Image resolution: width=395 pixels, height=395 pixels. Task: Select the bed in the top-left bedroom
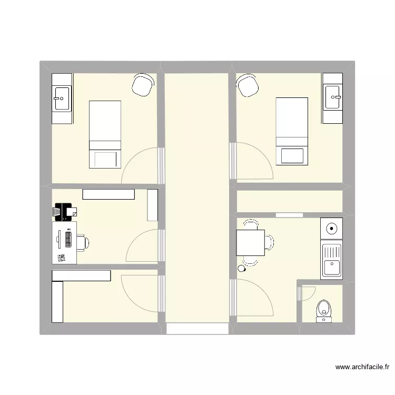click(x=105, y=134)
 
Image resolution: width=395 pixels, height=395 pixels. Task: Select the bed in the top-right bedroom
click(x=292, y=131)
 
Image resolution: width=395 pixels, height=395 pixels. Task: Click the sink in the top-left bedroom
click(x=62, y=98)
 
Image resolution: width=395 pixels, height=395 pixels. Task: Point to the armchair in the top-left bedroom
click(x=142, y=85)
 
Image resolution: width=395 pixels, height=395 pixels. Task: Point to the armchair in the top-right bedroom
click(x=248, y=85)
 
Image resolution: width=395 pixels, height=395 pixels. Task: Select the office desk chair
click(x=83, y=242)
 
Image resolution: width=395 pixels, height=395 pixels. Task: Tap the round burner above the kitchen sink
click(x=332, y=229)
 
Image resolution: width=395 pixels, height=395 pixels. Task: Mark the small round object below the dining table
click(x=242, y=269)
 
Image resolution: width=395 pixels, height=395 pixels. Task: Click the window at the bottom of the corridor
click(x=197, y=329)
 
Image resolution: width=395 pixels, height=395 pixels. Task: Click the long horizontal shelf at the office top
click(x=108, y=194)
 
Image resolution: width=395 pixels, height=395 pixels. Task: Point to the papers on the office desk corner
click(x=62, y=258)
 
